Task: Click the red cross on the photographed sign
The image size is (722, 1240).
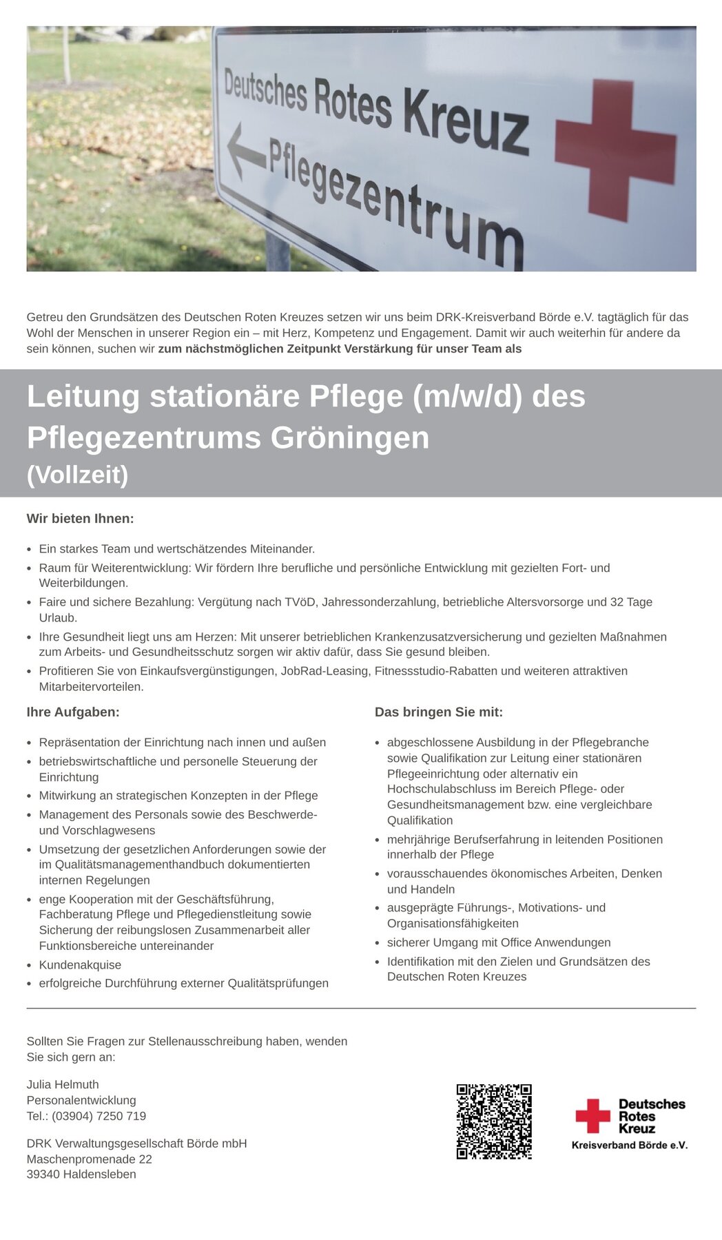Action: (615, 150)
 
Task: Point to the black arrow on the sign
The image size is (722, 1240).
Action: (246, 152)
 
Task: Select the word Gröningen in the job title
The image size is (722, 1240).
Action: (349, 437)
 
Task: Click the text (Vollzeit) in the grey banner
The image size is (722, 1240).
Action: (77, 475)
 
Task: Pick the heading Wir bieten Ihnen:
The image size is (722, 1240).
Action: (80, 519)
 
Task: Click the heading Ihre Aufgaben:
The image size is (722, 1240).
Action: (73, 712)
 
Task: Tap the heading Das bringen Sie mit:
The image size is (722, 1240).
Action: (439, 712)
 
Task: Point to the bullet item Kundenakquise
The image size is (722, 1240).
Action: (80, 965)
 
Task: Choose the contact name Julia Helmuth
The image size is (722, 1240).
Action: (63, 1084)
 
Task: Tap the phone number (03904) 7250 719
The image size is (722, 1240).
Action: (99, 1116)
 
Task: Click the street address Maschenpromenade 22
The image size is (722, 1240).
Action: (90, 1159)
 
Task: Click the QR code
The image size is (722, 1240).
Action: (494, 1122)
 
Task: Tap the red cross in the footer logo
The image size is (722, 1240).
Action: (592, 1116)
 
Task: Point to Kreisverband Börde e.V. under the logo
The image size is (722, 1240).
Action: (630, 1145)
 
